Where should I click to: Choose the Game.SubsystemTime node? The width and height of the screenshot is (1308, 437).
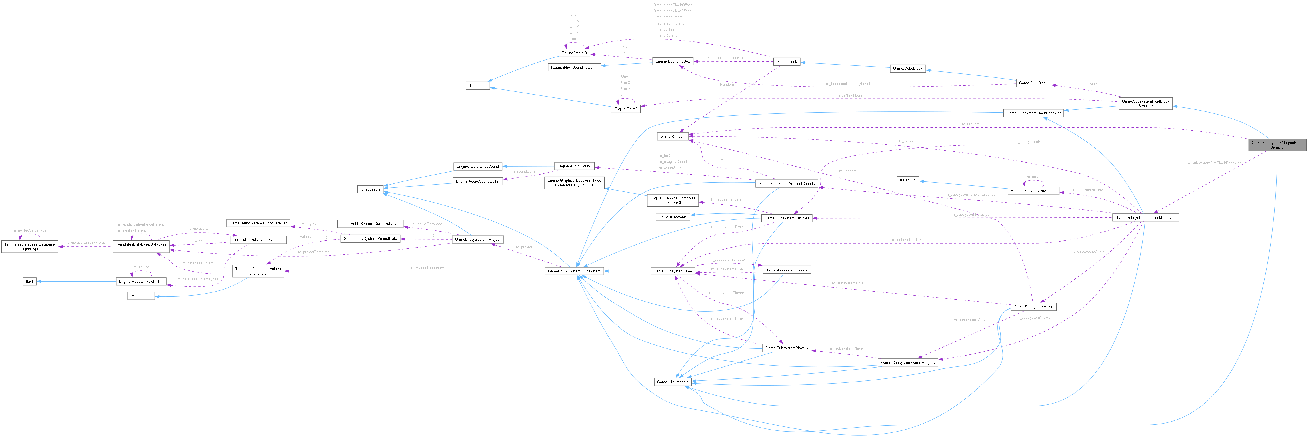pos(672,271)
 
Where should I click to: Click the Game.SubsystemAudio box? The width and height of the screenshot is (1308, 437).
pos(1033,306)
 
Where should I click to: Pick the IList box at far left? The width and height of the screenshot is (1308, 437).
pos(29,281)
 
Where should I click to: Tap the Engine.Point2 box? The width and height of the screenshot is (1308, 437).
pos(625,109)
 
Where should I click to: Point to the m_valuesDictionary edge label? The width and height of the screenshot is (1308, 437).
pos(427,267)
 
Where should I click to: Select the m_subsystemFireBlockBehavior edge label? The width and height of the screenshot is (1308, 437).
pos(1213,163)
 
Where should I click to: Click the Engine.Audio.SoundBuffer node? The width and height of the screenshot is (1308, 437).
pos(477,181)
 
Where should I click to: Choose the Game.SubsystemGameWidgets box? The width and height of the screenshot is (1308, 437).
pos(908,362)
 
